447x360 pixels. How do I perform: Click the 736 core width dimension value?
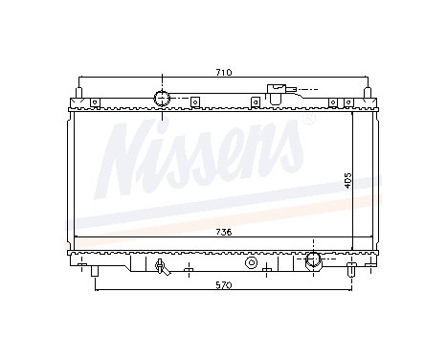[222, 232]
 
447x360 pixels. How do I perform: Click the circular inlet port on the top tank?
[163, 97]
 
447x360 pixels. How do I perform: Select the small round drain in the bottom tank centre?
[252, 261]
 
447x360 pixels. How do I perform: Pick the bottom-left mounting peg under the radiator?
[96, 271]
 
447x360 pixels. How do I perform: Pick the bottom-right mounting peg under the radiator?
[354, 271]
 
